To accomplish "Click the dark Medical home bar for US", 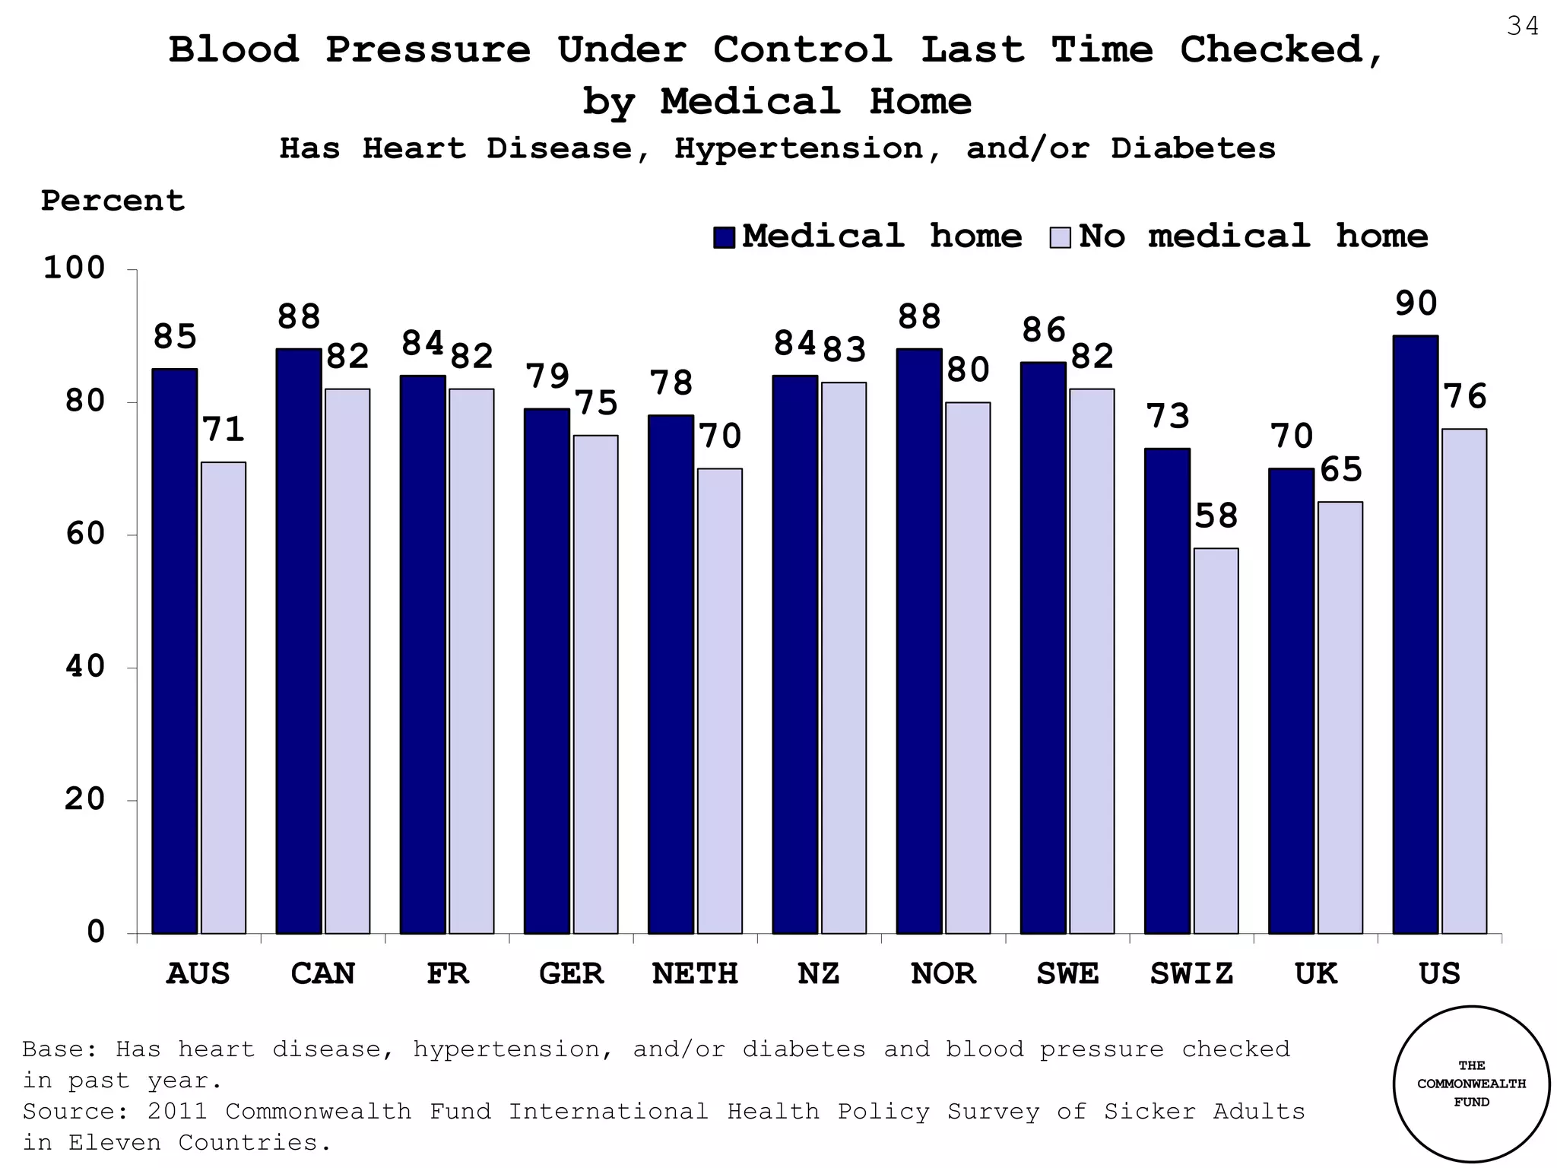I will click(1415, 634).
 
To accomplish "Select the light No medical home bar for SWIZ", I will click(1216, 741).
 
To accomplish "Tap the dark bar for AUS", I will click(174, 651).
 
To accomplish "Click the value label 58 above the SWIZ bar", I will click(1216, 516).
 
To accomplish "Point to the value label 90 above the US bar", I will click(1416, 303).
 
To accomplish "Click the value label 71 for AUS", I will click(224, 430).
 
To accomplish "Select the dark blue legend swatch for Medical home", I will click(724, 237).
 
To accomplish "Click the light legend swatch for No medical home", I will click(1060, 237).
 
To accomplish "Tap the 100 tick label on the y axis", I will click(74, 268).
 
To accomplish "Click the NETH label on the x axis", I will click(695, 973).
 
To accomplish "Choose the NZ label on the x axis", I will click(819, 973).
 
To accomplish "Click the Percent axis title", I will click(113, 201).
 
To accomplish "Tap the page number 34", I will click(1522, 27).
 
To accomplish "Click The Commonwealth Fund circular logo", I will click(1471, 1084).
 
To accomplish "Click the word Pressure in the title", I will click(428, 50).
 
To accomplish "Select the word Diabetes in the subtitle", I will click(1193, 148).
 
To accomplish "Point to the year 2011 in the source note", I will click(177, 1111).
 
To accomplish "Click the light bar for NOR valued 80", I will click(967, 668).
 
